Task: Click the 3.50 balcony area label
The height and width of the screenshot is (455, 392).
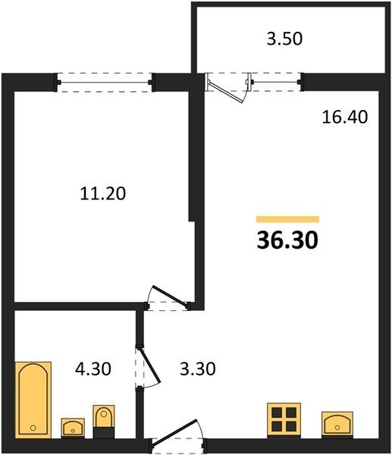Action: coord(284,39)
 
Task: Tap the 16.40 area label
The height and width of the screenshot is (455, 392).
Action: coord(345,117)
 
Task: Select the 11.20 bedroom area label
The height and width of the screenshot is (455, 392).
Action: coord(103,193)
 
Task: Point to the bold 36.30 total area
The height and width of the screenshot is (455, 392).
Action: coord(287,240)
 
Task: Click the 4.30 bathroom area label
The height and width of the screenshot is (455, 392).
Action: coord(93,369)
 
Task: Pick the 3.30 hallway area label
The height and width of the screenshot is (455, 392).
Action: coord(198,369)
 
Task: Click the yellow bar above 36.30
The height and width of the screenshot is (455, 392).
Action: coord(287,219)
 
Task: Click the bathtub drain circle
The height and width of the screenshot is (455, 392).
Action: coord(33,428)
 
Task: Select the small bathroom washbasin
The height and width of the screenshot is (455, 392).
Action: coord(73,428)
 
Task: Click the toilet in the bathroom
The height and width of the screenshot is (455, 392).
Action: coord(104,422)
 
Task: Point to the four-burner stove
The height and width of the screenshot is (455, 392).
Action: coord(284,420)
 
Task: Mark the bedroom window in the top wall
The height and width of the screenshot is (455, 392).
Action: coord(105,83)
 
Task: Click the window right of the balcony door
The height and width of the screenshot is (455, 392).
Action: coord(275,82)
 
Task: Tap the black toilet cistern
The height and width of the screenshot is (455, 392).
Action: coord(104,432)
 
